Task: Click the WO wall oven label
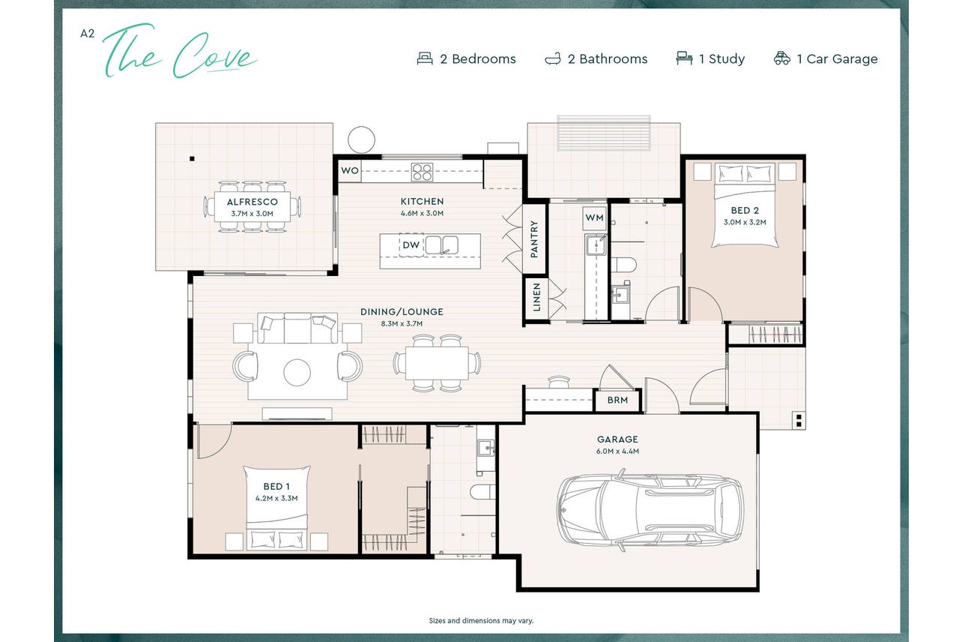click(350, 170)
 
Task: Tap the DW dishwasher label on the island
click(411, 245)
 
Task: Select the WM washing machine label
click(594, 217)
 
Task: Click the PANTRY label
click(534, 239)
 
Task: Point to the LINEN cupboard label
click(536, 297)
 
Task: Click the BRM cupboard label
click(617, 400)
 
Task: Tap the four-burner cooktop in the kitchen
click(422, 172)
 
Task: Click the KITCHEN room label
click(422, 201)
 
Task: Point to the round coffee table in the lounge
click(297, 373)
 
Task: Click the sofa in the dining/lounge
click(297, 328)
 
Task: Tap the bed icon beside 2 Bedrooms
click(425, 58)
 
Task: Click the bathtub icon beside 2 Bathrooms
click(553, 59)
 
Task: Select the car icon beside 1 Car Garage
click(781, 58)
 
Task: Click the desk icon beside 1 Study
click(684, 58)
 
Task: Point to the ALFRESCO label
click(252, 202)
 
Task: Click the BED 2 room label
click(745, 210)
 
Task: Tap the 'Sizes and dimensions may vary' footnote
click(481, 620)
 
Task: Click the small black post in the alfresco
click(192, 159)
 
